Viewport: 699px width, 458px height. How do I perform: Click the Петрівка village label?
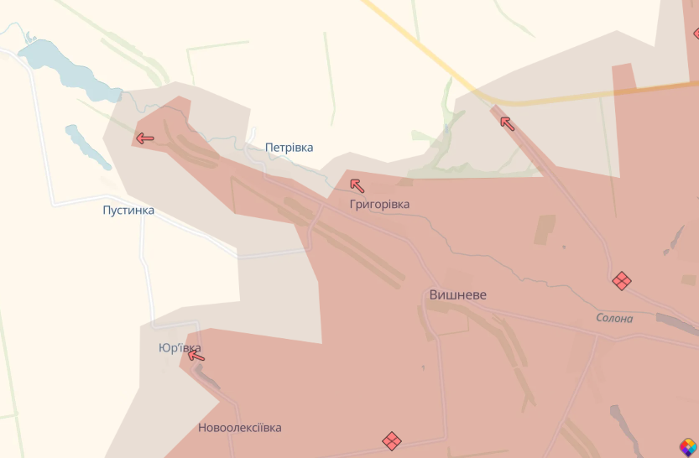[x=289, y=148]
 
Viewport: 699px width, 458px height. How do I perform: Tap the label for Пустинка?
[x=128, y=210]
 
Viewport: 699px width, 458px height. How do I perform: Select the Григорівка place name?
[x=380, y=205]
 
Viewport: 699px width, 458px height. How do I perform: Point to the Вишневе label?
[x=457, y=295]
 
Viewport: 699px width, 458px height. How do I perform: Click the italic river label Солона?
[x=614, y=319]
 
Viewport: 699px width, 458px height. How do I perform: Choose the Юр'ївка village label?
[x=180, y=348]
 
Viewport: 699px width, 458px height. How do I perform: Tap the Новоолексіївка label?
[x=240, y=428]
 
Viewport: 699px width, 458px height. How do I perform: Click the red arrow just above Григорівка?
[x=357, y=185]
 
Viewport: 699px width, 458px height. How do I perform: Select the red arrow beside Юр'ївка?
[x=196, y=356]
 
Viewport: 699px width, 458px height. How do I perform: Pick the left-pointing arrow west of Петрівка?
[x=145, y=138]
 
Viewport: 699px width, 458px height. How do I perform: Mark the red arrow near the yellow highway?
[x=507, y=123]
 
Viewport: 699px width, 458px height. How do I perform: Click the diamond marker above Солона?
[x=622, y=281]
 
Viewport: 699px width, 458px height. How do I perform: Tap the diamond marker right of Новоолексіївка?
[x=392, y=440]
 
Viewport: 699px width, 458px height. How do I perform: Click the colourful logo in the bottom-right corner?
[x=688, y=447]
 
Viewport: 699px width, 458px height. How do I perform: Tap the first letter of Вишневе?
[x=434, y=295]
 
